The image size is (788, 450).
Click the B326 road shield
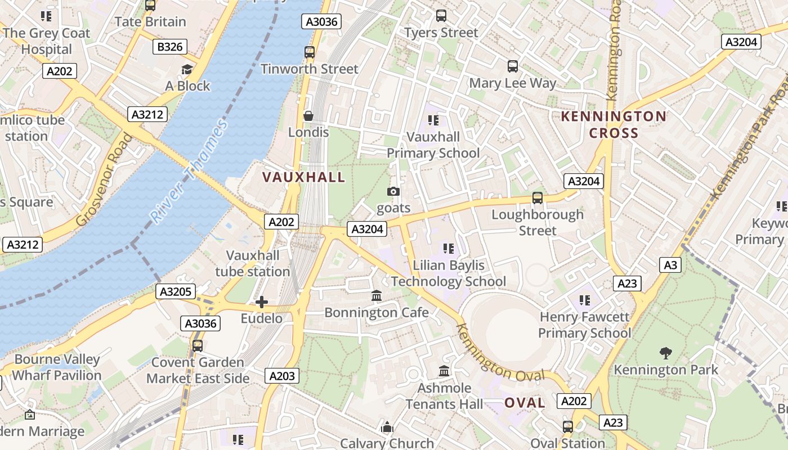point(170,47)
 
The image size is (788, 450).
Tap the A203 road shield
point(282,376)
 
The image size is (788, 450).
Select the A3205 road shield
point(176,291)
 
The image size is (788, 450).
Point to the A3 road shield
point(670,265)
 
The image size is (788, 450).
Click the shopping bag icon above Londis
point(308,116)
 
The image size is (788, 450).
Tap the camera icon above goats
point(393,192)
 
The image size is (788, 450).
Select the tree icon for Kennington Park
point(666,353)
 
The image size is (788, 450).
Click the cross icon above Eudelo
point(261,303)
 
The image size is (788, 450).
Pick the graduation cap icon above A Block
point(187,69)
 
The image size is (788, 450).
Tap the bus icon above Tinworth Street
point(309,52)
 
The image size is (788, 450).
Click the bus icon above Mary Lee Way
point(512,66)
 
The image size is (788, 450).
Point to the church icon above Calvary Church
point(387,427)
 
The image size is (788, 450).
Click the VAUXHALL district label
point(304,177)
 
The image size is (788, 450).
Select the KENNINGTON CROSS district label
point(614,125)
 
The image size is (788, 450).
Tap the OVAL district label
point(525,403)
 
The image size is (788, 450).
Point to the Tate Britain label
point(150,22)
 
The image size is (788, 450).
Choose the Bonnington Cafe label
point(377,312)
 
